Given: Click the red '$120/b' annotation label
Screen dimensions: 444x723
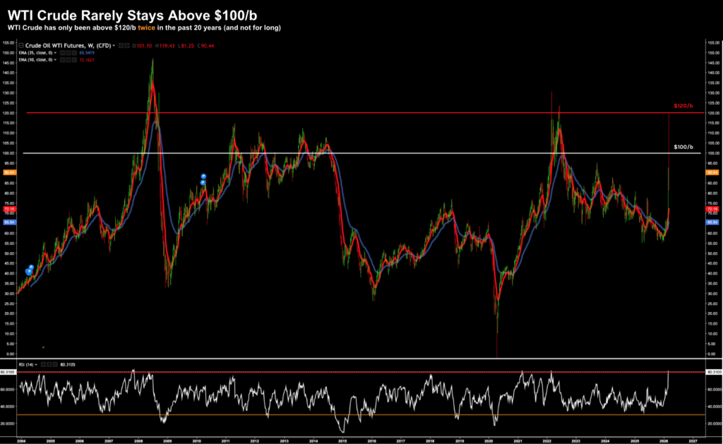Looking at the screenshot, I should tap(681, 106).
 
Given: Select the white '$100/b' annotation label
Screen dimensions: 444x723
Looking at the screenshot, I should tap(681, 146).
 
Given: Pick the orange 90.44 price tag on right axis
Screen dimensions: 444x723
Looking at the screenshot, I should tap(712, 172).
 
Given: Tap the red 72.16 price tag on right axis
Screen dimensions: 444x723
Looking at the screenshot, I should tap(712, 210).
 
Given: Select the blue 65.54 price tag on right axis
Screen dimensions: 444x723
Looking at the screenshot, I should tap(712, 222).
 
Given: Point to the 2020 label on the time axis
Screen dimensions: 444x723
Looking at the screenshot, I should tap(489, 440).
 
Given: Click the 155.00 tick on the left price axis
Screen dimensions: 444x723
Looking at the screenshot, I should tap(9, 42).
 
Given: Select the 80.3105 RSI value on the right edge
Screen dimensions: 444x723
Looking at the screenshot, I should tap(712, 371).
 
